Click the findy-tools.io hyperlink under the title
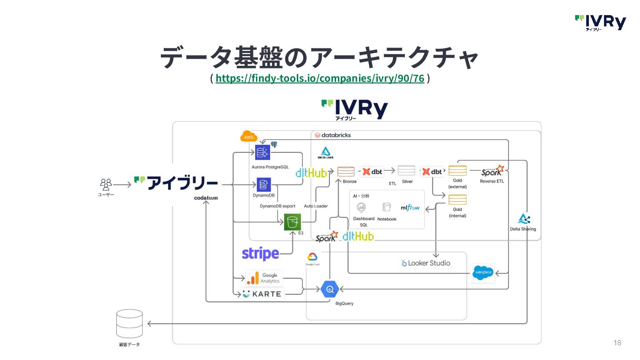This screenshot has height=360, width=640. click(x=320, y=79)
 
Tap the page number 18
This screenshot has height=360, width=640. click(x=617, y=343)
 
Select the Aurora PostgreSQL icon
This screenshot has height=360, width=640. click(x=262, y=152)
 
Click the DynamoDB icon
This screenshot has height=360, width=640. click(x=264, y=185)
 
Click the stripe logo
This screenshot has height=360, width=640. click(x=260, y=254)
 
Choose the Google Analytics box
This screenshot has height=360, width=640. click(x=264, y=278)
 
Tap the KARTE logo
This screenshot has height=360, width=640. click(x=262, y=294)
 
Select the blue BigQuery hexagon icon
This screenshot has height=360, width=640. click(x=330, y=290)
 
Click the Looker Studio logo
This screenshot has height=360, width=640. click(x=426, y=263)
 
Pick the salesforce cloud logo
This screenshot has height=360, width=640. click(x=483, y=272)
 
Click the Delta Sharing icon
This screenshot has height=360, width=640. click(x=524, y=219)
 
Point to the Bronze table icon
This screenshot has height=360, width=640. click(x=346, y=172)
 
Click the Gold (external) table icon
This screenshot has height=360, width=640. click(x=457, y=171)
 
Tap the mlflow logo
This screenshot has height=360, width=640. click(x=410, y=208)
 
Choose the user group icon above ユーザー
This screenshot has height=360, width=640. click(x=106, y=184)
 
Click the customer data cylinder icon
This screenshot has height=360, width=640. click(x=129, y=324)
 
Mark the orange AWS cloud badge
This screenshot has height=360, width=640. click(x=248, y=137)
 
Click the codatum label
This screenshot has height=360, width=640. click(x=206, y=198)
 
